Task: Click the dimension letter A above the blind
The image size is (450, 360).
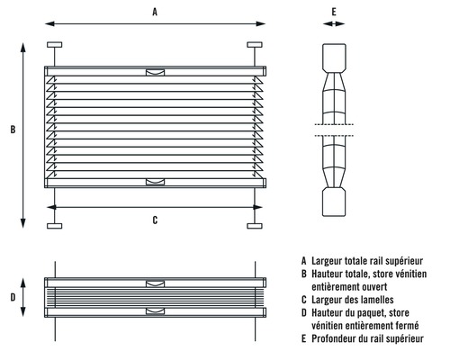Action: coord(155,12)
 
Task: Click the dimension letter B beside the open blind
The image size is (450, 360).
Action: coord(13,130)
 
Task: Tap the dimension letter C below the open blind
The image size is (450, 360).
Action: coord(155,220)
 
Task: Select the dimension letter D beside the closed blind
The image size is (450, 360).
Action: coord(13,297)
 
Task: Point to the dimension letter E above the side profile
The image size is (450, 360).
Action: coord(334,12)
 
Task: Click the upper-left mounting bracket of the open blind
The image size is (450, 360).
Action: coord(55,45)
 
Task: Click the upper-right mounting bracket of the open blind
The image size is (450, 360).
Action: coord(255,45)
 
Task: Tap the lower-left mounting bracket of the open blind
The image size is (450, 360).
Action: coord(55,226)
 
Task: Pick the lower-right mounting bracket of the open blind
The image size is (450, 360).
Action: coord(255,226)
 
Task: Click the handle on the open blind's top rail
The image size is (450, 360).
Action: coord(155,72)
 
